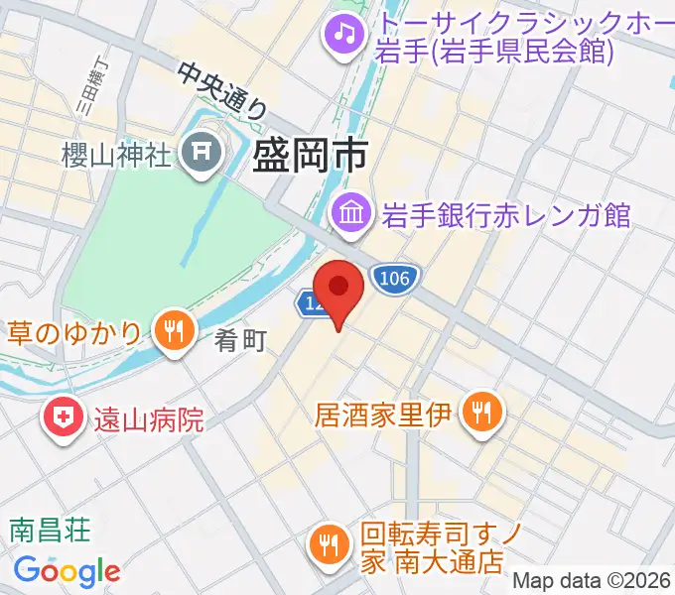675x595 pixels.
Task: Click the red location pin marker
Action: point(339,289)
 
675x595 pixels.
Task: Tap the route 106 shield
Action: point(394,279)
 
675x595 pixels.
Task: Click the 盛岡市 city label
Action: point(311,155)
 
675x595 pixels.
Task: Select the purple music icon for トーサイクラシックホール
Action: point(344,35)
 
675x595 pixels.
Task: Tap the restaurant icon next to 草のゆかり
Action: point(173,331)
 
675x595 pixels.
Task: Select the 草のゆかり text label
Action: point(76,331)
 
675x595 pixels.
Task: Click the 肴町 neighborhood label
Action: point(241,341)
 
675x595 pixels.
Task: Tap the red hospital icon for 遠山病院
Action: point(63,419)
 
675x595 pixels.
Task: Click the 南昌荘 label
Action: point(51,530)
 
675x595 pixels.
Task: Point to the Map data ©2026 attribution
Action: point(593,580)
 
